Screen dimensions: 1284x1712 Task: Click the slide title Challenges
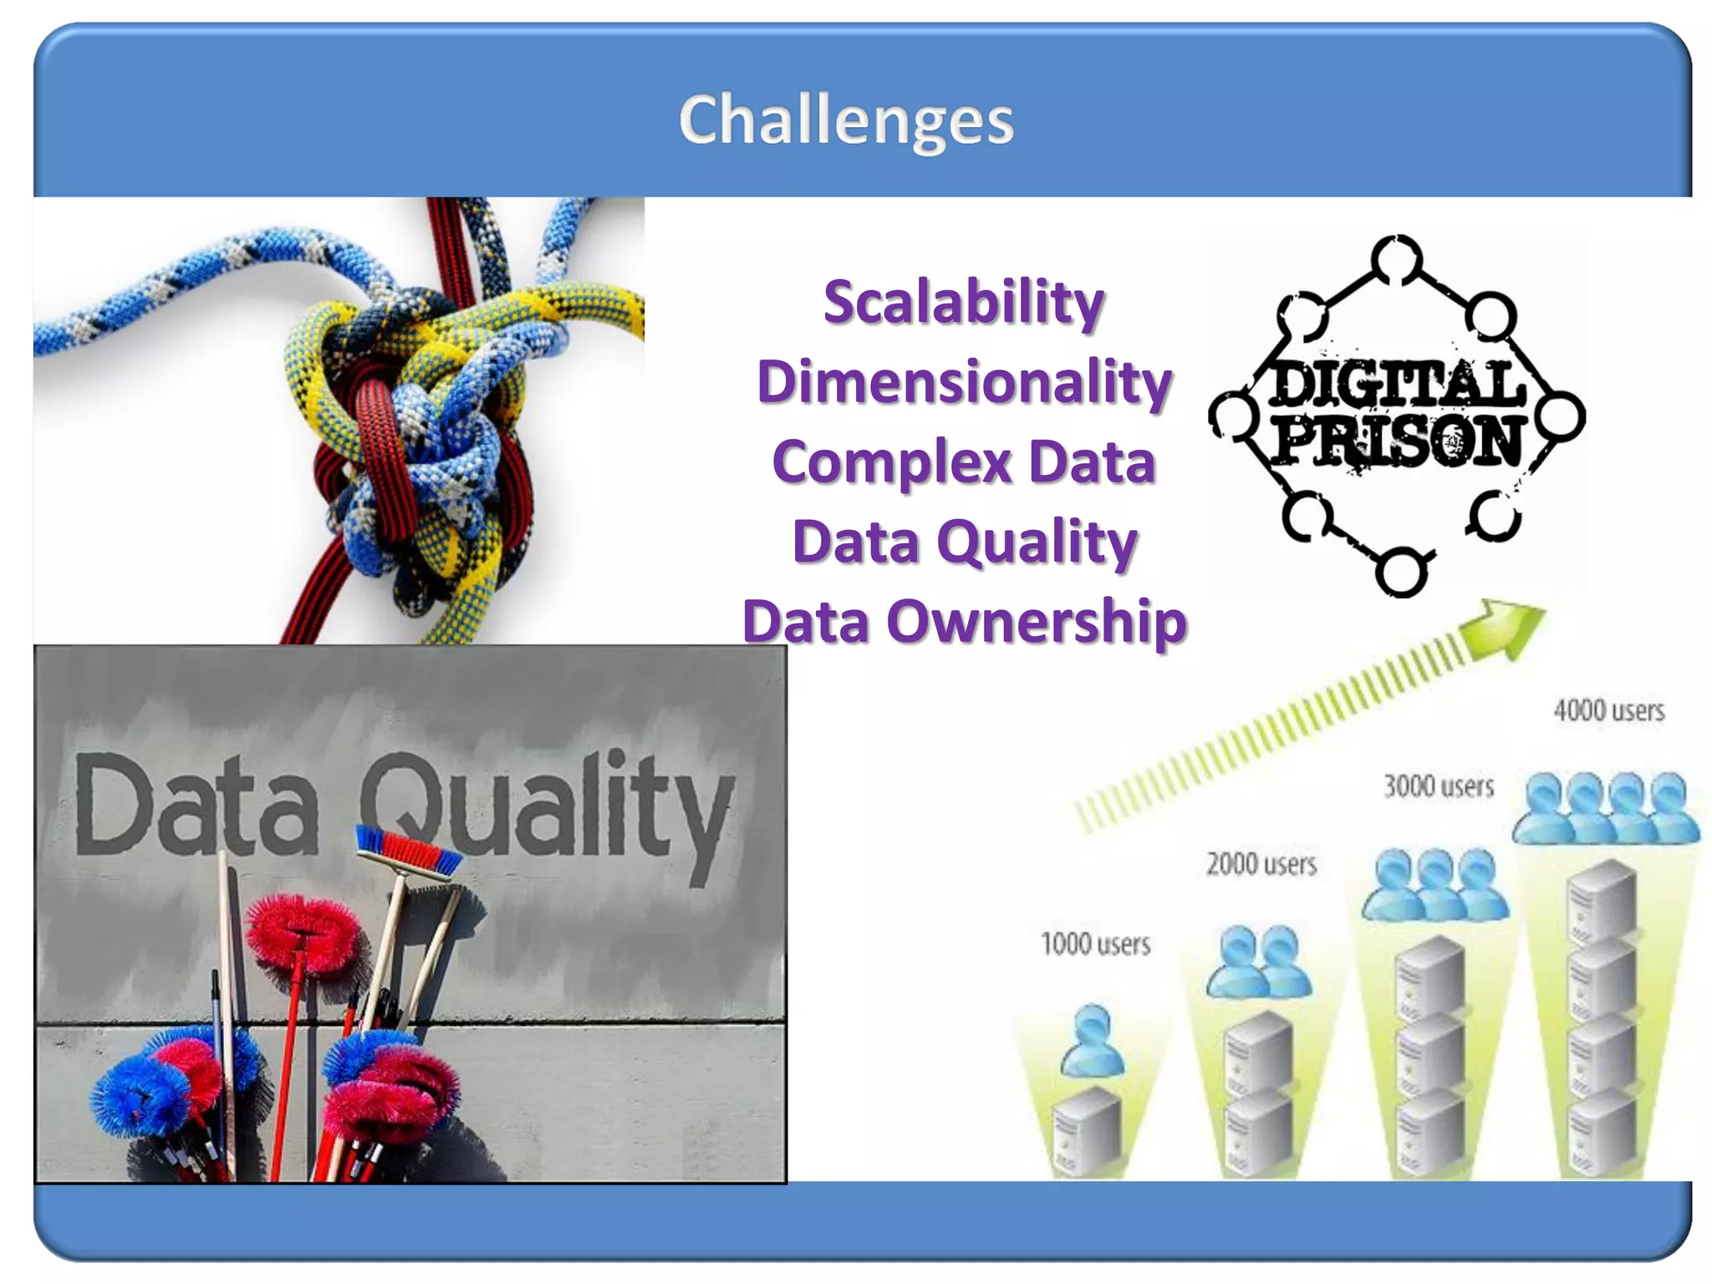[x=846, y=120]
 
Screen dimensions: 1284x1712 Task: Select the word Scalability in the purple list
[x=964, y=303]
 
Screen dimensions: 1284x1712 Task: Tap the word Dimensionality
[x=964, y=382]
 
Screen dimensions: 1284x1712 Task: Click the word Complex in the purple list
[x=891, y=462]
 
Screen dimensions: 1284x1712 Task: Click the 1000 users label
[x=1095, y=945]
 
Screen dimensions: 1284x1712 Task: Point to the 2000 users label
[x=1261, y=864]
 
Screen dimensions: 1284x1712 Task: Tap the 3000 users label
[x=1439, y=787]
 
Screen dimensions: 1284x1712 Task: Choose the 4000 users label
[x=1608, y=711]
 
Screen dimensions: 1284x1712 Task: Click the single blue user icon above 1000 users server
[x=1092, y=1041]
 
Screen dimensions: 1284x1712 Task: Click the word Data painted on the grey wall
[x=196, y=805]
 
